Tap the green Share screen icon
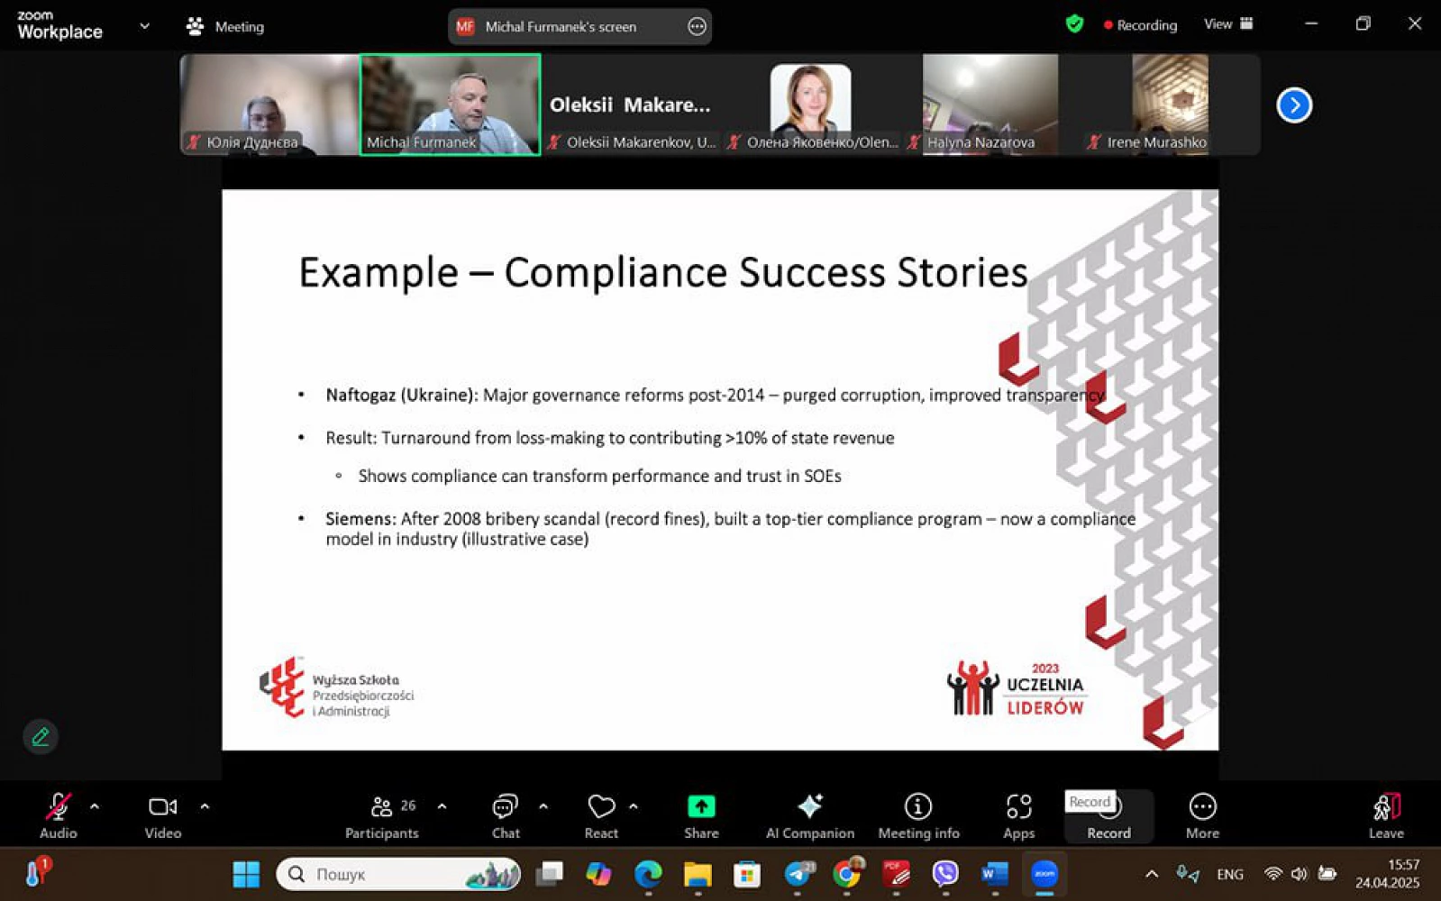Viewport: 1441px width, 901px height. click(x=701, y=806)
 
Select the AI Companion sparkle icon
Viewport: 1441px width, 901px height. click(x=810, y=806)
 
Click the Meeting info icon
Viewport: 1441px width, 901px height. click(x=918, y=806)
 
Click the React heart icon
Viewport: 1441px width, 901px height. click(x=601, y=806)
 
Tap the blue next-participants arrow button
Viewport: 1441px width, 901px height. click(x=1294, y=105)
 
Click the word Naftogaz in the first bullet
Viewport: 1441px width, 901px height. click(x=360, y=395)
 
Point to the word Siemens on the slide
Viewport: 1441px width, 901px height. click(x=359, y=518)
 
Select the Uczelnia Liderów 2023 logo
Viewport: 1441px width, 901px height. click(x=1017, y=688)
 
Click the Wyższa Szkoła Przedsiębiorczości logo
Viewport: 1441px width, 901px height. click(x=336, y=687)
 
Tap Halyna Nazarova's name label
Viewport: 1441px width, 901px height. click(x=981, y=142)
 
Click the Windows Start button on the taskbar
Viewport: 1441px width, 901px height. click(x=246, y=875)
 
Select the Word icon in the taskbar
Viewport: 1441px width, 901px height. click(x=995, y=875)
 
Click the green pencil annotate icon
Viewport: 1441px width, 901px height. click(x=41, y=736)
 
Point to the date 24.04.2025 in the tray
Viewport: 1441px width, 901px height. click(x=1387, y=883)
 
